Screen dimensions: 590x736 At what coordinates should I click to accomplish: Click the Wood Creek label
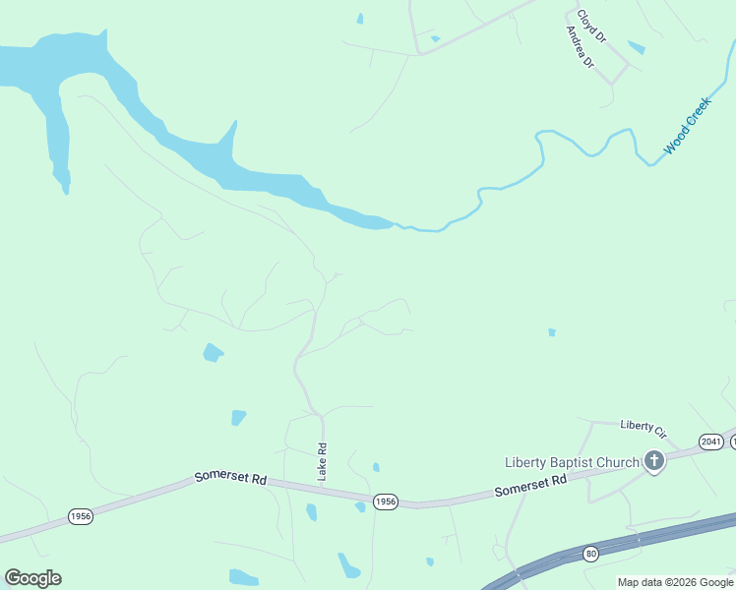pyautogui.click(x=687, y=126)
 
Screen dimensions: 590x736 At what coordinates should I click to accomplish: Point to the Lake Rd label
pyautogui.click(x=322, y=461)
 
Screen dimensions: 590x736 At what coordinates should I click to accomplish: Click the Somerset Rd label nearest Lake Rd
pyautogui.click(x=231, y=477)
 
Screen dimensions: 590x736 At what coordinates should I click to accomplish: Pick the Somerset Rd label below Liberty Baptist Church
pyautogui.click(x=530, y=485)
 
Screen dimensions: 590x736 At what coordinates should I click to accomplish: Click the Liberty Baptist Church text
pyautogui.click(x=572, y=462)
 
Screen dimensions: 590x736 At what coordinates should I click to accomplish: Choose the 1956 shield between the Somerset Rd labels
pyautogui.click(x=386, y=501)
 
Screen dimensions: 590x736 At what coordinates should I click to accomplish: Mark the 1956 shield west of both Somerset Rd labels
pyautogui.click(x=81, y=516)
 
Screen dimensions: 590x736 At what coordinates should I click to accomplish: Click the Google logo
pyautogui.click(x=32, y=578)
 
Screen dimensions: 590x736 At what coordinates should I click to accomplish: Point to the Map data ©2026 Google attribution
pyautogui.click(x=676, y=582)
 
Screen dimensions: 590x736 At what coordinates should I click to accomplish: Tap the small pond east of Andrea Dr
pyautogui.click(x=637, y=47)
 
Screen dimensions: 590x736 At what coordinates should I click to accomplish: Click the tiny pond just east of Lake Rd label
pyautogui.click(x=376, y=467)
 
